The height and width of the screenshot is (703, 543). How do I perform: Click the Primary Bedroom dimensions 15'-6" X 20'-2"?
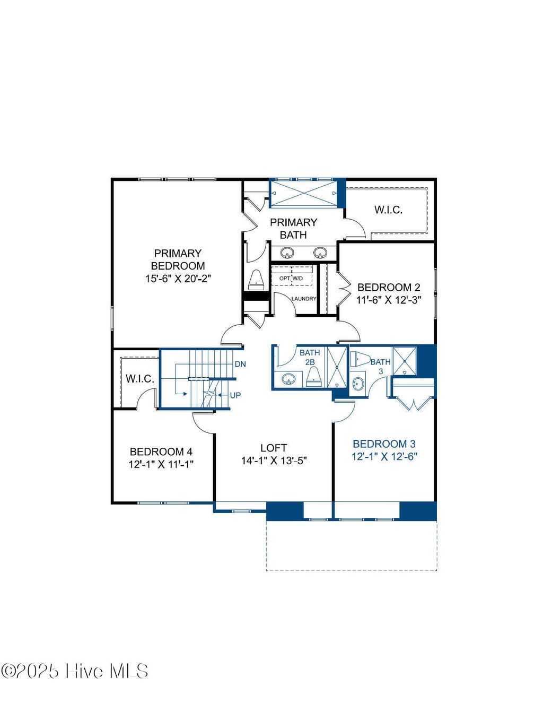tap(178, 278)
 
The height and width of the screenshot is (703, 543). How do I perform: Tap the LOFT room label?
tap(274, 448)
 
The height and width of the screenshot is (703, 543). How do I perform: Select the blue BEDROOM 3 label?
tap(384, 444)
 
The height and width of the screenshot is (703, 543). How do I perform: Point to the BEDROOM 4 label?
tap(161, 452)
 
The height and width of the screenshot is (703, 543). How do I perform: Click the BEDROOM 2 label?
tap(389, 288)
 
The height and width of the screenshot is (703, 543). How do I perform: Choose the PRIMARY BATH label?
tap(293, 229)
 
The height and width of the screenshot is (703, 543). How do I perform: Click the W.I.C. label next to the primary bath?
tap(388, 210)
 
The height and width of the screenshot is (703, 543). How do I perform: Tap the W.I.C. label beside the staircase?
tap(140, 379)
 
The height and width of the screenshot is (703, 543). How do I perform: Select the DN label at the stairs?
tap(240, 364)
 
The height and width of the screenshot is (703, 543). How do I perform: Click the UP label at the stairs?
tap(235, 396)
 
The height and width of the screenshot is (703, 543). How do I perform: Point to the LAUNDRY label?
tap(303, 299)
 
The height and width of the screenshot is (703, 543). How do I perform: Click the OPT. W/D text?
tap(291, 279)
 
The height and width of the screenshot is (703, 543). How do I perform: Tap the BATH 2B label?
tap(310, 357)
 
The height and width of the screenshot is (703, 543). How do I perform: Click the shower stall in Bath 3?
tap(404, 360)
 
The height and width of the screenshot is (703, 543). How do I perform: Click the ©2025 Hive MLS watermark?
tap(74, 671)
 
